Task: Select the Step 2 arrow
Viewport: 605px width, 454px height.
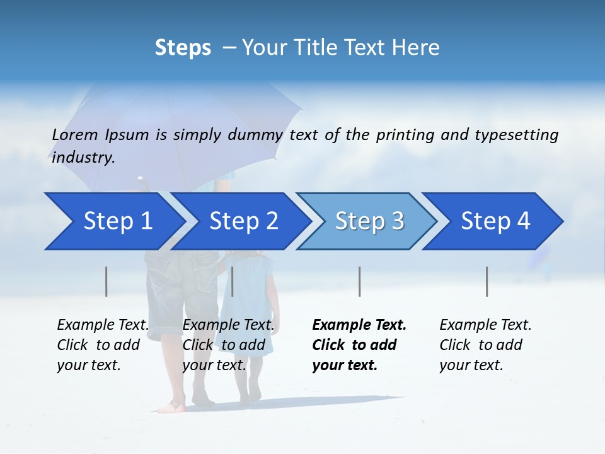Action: point(243,221)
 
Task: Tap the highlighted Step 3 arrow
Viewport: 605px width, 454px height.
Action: point(369,221)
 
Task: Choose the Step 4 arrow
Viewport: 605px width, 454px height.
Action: point(495,221)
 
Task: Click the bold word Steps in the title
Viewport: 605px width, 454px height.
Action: point(183,48)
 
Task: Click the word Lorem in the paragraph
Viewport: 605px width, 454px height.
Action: point(75,135)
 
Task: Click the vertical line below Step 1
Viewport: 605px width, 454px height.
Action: point(107,281)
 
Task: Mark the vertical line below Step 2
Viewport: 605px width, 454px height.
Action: point(233,281)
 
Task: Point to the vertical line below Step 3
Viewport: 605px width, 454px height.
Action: point(360,281)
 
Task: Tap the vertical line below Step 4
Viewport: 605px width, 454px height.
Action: point(487,281)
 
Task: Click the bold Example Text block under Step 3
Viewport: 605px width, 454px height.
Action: point(359,345)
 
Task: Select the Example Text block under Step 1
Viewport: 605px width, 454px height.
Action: point(103,345)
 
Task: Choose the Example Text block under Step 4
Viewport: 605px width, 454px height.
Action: point(485,345)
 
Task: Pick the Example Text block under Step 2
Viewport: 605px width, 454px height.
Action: point(228,345)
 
